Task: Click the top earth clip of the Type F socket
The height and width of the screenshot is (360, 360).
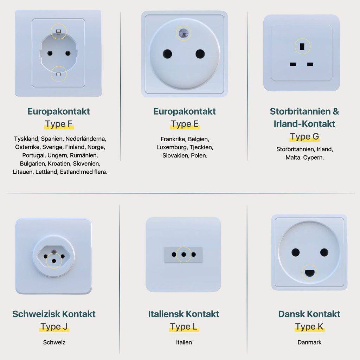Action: [59, 31]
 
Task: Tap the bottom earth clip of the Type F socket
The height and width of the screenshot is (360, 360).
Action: [59, 74]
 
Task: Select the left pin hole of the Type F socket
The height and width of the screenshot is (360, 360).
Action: [50, 53]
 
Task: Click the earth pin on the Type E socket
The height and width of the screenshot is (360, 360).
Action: [184, 33]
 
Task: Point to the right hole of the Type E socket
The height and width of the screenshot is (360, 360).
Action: [200, 54]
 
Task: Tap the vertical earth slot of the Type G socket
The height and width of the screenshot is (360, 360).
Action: [302, 47]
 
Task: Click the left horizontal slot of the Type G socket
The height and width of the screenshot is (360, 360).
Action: [293, 64]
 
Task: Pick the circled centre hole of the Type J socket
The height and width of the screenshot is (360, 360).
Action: [54, 261]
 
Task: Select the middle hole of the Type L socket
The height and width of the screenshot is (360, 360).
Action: [184, 255]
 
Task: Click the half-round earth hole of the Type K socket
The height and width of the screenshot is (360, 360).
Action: [309, 273]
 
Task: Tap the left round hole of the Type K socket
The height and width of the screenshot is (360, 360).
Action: [295, 252]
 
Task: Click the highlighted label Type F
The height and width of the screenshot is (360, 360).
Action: [59, 124]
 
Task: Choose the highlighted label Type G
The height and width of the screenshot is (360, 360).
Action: [304, 137]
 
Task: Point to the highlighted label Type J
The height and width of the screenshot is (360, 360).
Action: [54, 327]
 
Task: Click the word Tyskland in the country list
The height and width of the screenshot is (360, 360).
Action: [26, 139]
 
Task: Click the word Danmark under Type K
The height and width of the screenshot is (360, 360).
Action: [309, 342]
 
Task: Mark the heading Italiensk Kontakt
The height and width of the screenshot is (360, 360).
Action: [184, 314]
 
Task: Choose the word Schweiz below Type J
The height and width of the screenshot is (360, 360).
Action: [54, 342]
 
